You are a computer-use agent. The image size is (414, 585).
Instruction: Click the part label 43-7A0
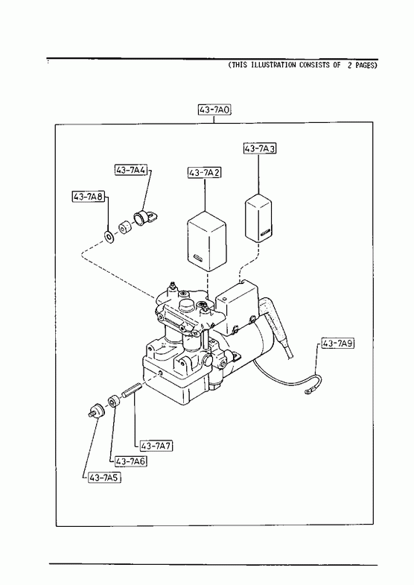[x=214, y=110]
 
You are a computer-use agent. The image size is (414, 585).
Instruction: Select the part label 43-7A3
[x=260, y=148]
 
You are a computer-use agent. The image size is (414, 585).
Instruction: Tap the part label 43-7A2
[x=205, y=173]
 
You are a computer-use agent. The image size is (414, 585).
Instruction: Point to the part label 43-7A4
[x=132, y=170]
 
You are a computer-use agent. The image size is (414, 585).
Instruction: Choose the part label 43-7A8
[x=89, y=196]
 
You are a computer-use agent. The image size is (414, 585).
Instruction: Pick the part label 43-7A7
[x=156, y=446]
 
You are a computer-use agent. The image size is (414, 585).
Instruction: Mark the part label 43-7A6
[x=131, y=461]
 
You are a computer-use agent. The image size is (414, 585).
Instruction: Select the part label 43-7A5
[x=105, y=478]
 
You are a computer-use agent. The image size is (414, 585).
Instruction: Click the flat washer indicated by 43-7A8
[x=109, y=237]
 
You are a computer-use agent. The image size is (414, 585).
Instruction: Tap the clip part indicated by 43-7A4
[x=145, y=217]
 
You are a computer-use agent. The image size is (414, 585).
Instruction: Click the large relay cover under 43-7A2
[x=206, y=241]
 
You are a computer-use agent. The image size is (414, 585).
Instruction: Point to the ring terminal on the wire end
[x=309, y=392]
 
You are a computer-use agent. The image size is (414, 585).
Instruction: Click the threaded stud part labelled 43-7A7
[x=131, y=391]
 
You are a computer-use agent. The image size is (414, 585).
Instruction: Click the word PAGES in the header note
[x=364, y=66]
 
